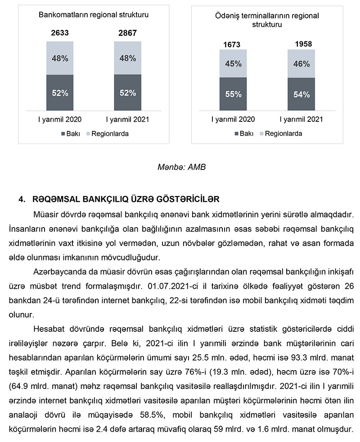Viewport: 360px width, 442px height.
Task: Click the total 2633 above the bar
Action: pyautogui.click(x=59, y=33)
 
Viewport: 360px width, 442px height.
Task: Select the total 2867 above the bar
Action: pyautogui.click(x=127, y=33)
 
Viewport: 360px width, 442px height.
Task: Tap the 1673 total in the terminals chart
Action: pyautogui.click(x=233, y=45)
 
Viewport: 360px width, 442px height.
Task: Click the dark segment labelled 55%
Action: pyautogui.click(x=233, y=94)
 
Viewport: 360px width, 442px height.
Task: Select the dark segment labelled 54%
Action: pyautogui.click(x=301, y=94)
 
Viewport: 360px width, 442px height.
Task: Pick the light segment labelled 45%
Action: pyautogui.click(x=233, y=63)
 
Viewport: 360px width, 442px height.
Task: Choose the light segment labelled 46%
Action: pyautogui.click(x=301, y=63)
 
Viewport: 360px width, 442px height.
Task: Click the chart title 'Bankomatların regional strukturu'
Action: pyautogui.click(x=94, y=14)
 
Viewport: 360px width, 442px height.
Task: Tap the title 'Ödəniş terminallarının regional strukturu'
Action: pyautogui.click(x=267, y=20)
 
